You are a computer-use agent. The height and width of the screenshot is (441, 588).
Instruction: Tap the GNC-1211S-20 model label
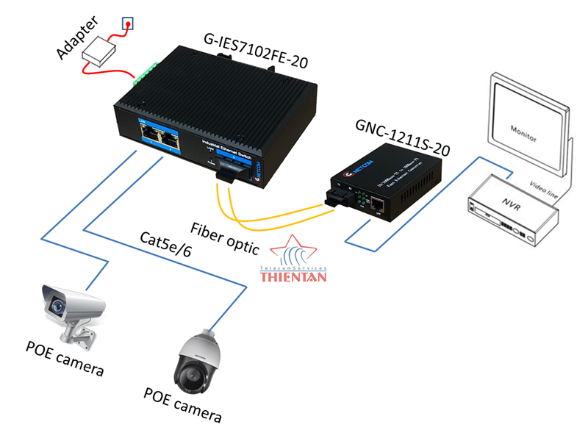pyautogui.click(x=402, y=137)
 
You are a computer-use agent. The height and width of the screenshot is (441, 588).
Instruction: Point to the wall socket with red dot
pyautogui.click(x=128, y=24)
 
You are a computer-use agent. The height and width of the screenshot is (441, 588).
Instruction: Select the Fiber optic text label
pyautogui.click(x=224, y=237)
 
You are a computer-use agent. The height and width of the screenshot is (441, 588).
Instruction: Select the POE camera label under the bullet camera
pyautogui.click(x=65, y=359)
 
